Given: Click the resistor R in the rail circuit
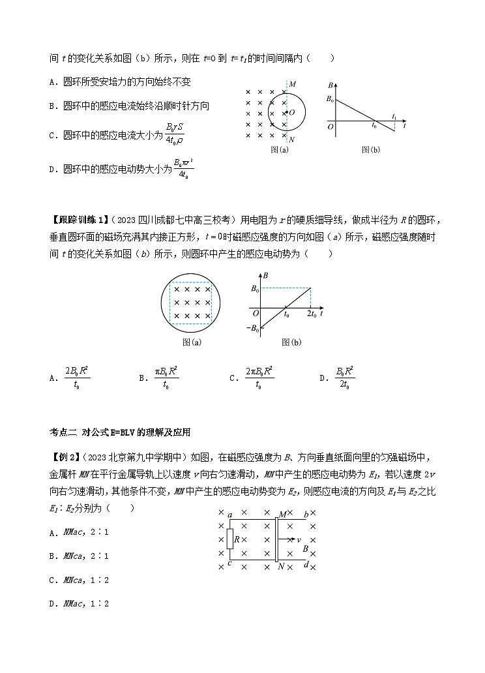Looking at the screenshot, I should (229, 539).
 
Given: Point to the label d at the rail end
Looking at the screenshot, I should (306, 565).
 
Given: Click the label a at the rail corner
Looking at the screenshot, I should (230, 516).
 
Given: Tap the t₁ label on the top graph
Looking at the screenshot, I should (394, 116).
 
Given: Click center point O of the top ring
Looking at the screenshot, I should (291, 112).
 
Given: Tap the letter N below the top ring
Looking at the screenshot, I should (291, 139).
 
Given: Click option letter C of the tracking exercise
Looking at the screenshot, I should (233, 378).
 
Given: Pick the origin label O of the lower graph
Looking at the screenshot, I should (255, 313).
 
